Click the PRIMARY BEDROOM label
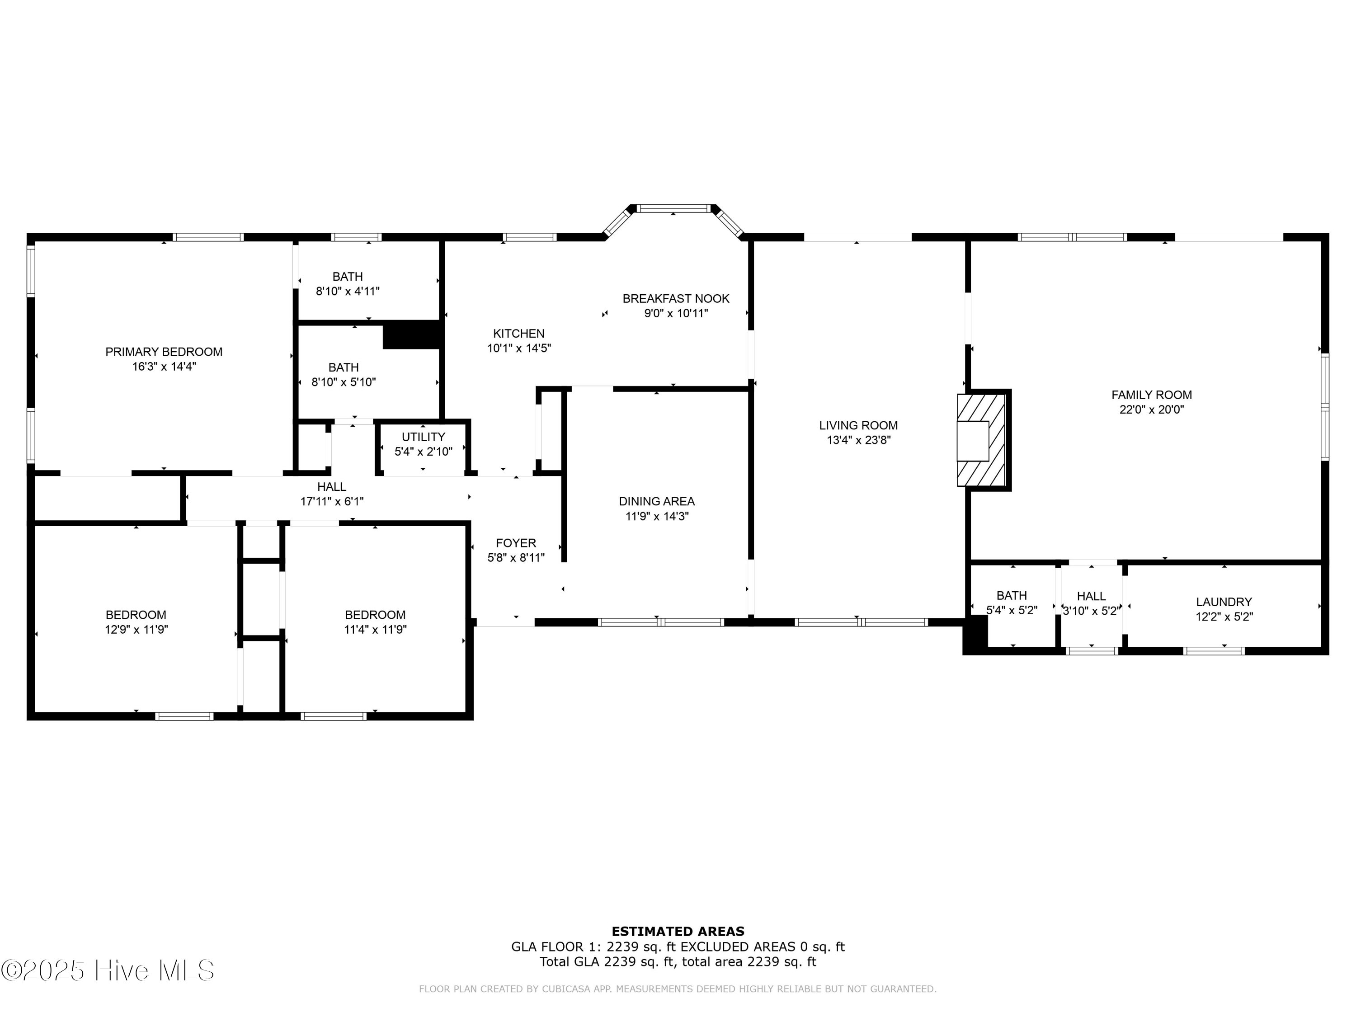coord(164,352)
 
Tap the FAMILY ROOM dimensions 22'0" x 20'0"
coord(1151,410)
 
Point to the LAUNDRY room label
coord(1224,602)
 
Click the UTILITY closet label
coord(423,437)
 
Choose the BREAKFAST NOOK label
coord(676,298)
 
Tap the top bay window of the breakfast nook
coord(673,208)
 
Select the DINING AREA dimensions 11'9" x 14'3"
coord(657,516)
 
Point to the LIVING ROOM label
coord(858,425)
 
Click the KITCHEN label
coord(518,334)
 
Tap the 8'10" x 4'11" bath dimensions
coord(348,291)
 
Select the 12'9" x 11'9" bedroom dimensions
coord(136,630)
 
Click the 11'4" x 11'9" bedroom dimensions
coord(375,630)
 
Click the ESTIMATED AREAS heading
coord(678,932)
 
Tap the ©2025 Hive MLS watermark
coord(108,970)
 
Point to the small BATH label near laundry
coord(1012,595)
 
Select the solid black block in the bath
coord(412,335)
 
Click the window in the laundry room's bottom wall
coord(1213,651)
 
